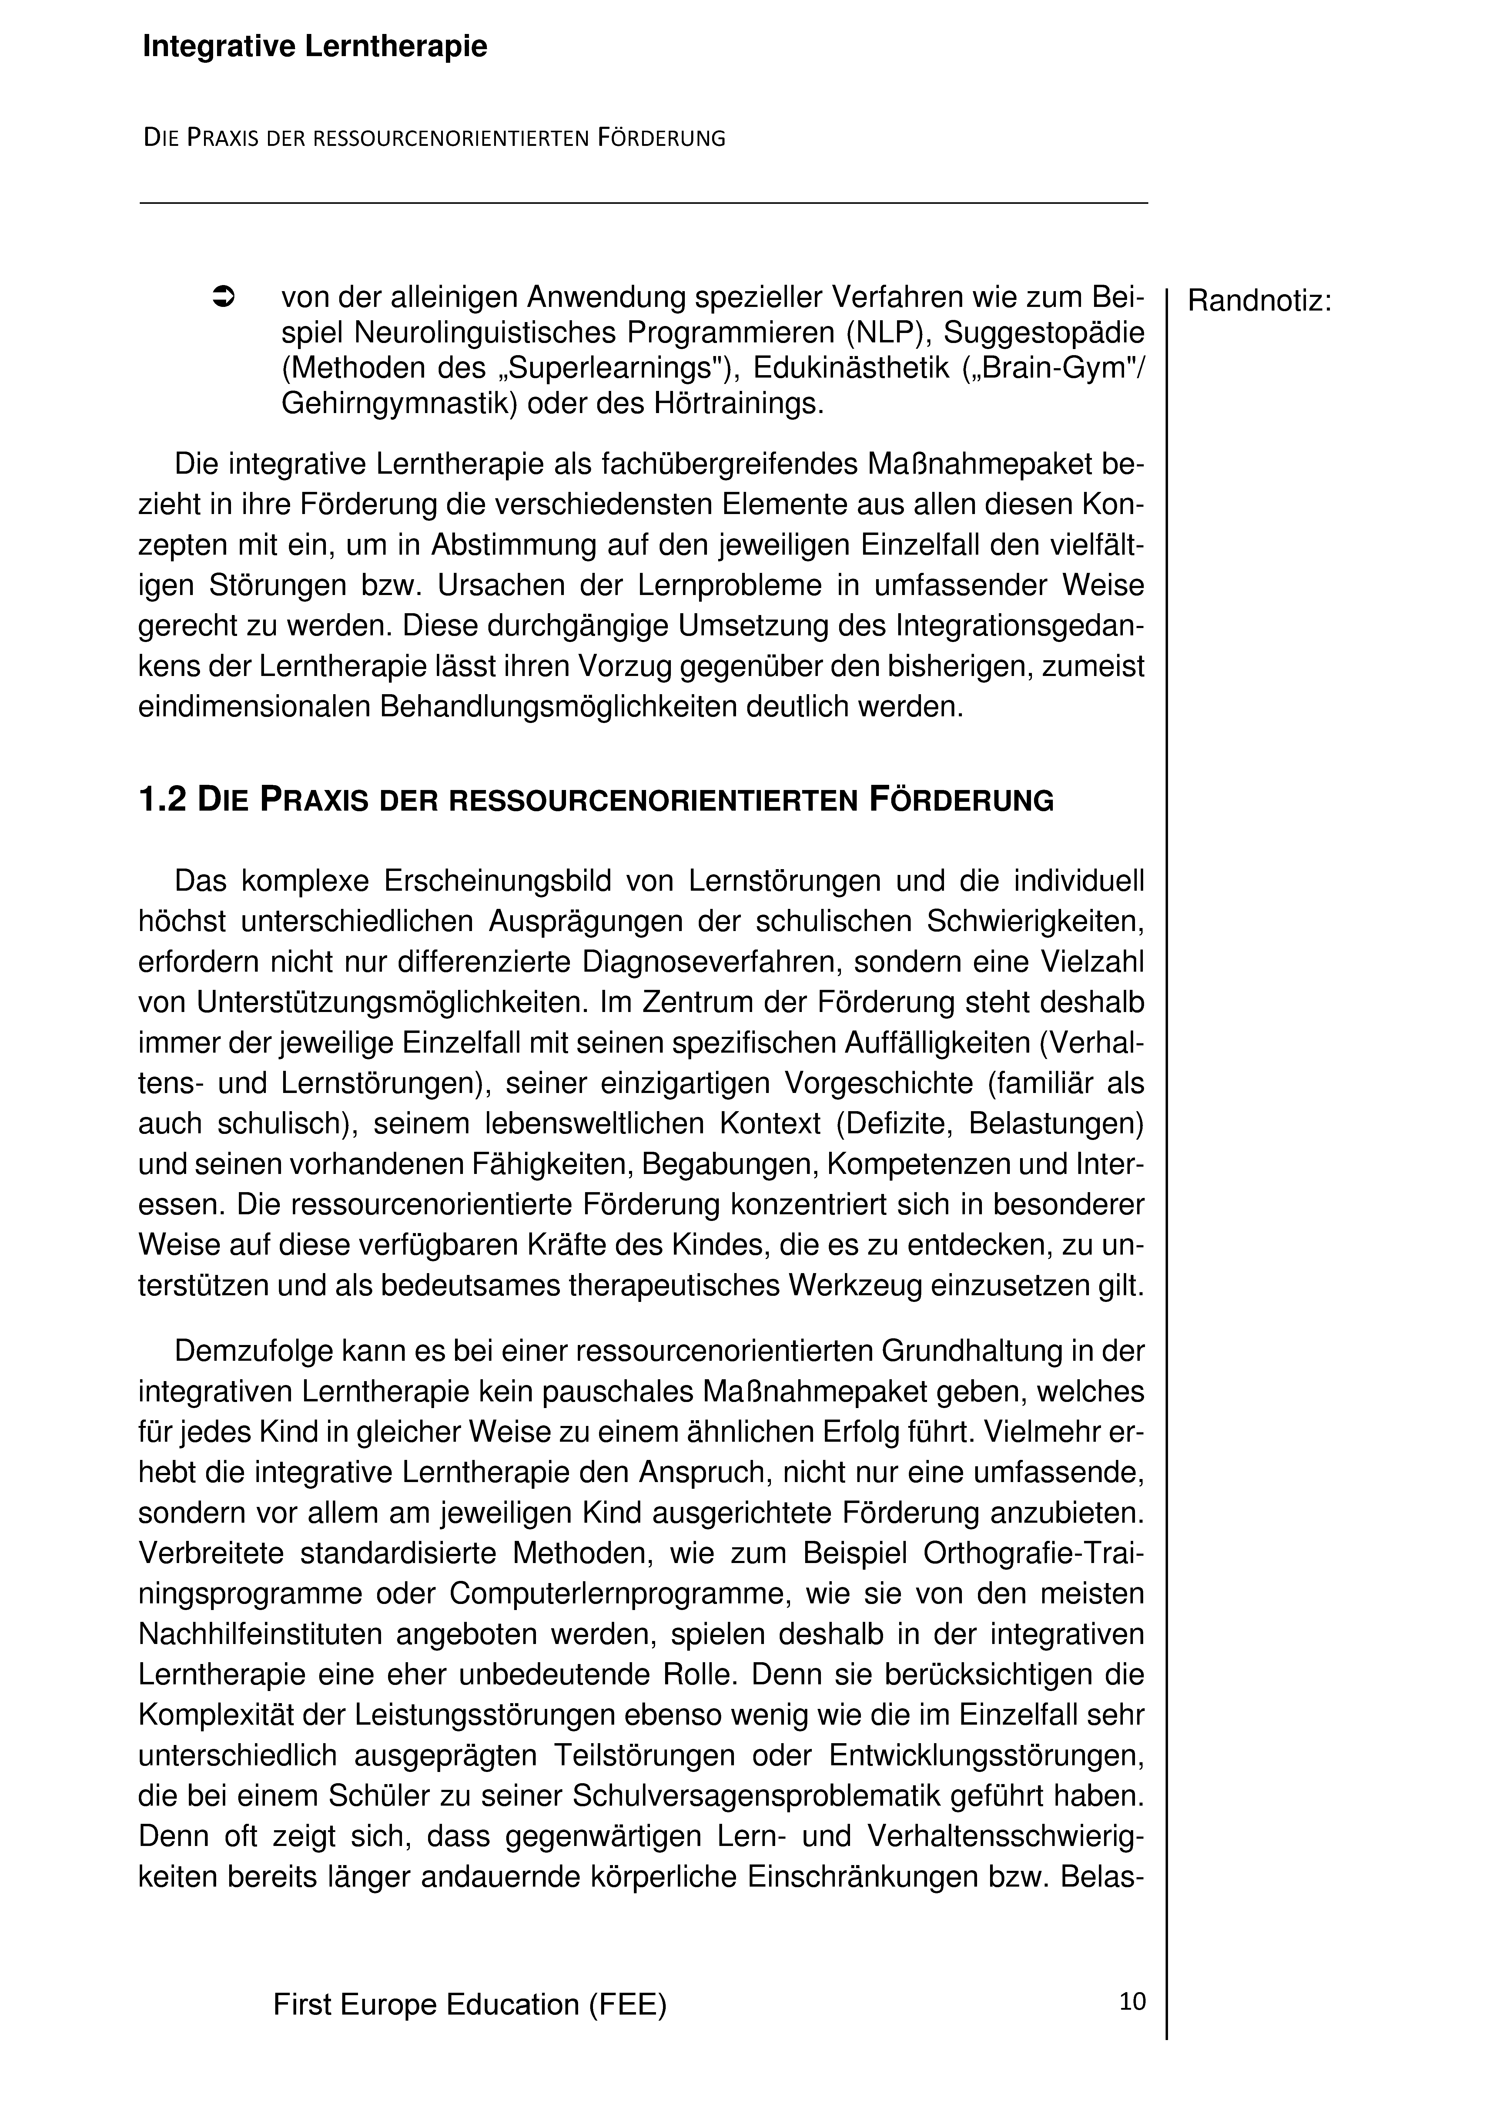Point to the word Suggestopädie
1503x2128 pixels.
(x=1044, y=333)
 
